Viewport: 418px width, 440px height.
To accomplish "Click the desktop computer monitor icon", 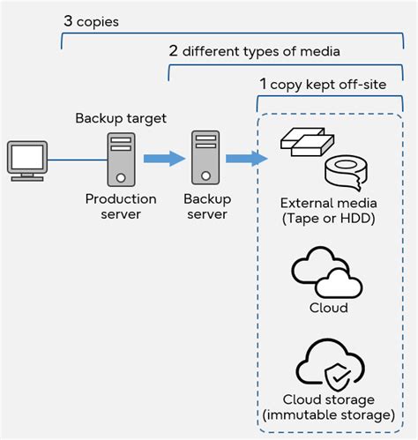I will coord(26,160).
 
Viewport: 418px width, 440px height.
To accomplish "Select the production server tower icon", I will coord(121,159).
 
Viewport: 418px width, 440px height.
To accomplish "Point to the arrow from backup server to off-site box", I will coord(246,159).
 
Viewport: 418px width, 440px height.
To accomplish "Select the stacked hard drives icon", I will coord(305,141).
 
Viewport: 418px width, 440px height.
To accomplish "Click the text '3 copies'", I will coord(92,19).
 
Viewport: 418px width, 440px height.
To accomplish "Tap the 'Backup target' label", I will coord(120,118).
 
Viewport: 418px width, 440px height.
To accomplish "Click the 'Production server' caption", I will coord(121,206).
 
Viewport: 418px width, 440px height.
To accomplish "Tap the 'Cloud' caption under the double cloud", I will coord(328,308).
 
